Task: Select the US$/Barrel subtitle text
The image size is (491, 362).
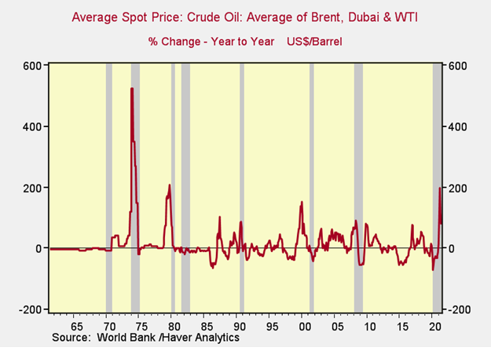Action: (x=318, y=41)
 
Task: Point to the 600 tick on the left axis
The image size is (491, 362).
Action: (x=30, y=65)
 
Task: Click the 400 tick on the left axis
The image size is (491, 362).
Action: (x=30, y=126)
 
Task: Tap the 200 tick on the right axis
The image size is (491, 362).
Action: (x=458, y=188)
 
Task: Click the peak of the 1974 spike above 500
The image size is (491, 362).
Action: (x=131, y=88)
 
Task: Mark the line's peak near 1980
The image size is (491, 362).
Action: (x=169, y=185)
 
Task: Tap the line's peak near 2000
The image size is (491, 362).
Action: (x=302, y=203)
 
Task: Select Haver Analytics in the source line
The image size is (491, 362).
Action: (x=200, y=338)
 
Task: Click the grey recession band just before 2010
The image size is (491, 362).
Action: (x=358, y=188)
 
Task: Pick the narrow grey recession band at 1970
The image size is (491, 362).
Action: (x=109, y=188)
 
